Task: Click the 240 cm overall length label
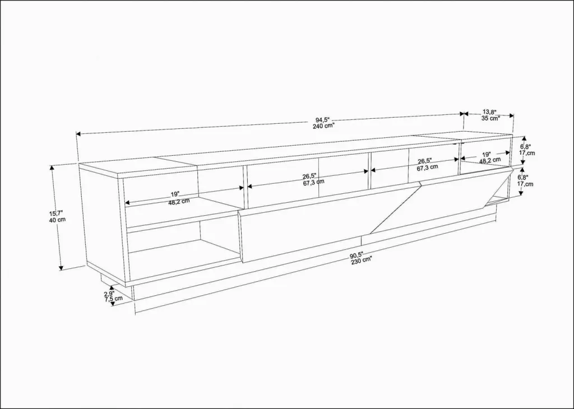pos(324,126)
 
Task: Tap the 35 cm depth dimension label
pos(490,118)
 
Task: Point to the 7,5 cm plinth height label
pos(113,299)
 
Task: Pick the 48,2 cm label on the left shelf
pos(179,201)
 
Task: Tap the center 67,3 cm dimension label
pos(313,182)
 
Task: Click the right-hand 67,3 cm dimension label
pos(427,167)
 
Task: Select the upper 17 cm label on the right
pos(527,152)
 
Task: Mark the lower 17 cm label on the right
pos(525,184)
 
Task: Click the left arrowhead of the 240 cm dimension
pos(78,134)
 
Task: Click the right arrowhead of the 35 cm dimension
pos(511,115)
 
